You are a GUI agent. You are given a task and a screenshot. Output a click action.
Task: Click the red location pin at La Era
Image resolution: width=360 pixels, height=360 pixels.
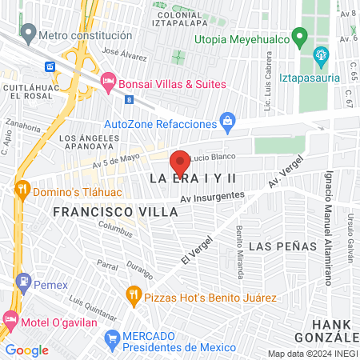coord(180,158)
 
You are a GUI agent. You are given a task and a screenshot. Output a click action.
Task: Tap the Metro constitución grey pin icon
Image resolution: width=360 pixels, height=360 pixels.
coord(29,34)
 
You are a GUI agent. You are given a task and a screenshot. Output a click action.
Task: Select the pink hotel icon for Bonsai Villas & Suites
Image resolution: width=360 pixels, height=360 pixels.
coord(109,82)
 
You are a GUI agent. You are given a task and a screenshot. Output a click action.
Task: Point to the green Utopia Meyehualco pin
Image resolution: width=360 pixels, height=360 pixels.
coord(300,36)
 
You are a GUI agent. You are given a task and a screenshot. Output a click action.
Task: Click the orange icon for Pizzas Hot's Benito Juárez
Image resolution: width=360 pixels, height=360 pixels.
coord(133,297)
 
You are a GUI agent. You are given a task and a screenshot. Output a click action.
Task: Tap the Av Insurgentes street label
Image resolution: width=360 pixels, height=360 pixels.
coord(212,197)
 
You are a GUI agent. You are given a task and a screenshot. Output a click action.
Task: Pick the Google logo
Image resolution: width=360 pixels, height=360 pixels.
coord(26,350)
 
